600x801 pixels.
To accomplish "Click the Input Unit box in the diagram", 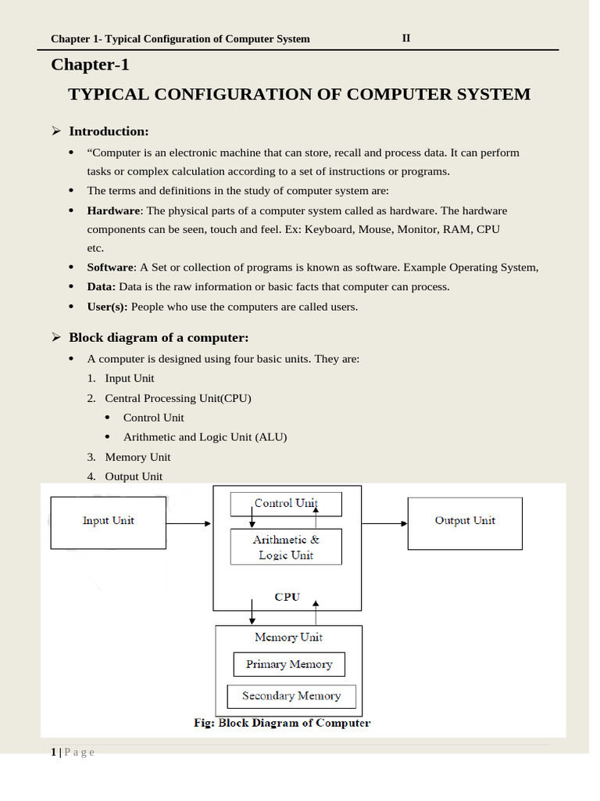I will click(x=108, y=522).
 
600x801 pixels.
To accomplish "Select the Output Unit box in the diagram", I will click(x=465, y=522).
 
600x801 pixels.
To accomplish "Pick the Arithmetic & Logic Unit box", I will click(x=286, y=547).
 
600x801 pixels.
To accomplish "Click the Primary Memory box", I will click(x=289, y=665).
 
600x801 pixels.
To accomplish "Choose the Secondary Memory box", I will click(x=291, y=696).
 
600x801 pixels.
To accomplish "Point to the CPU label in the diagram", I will click(x=287, y=597).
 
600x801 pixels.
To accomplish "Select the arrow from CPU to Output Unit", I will click(x=384, y=523).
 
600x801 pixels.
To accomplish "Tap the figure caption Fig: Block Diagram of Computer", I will click(x=282, y=723).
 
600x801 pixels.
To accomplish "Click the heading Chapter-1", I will click(x=90, y=65).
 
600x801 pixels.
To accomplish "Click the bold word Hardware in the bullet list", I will click(x=113, y=210).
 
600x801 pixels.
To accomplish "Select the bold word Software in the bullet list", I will click(x=111, y=268).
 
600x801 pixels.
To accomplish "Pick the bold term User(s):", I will click(x=107, y=307).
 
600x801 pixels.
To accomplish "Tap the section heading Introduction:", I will click(x=109, y=131).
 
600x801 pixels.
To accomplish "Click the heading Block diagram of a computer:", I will click(x=159, y=338).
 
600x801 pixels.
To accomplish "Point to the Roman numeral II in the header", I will click(x=406, y=38).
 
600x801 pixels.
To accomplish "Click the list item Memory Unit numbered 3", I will click(x=137, y=457).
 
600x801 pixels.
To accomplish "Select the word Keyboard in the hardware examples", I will click(x=327, y=229).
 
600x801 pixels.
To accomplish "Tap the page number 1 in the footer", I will click(x=53, y=752).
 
